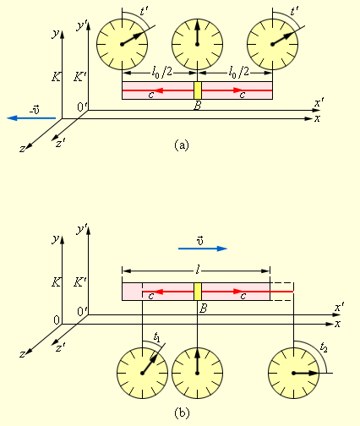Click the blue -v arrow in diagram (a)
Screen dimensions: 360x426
(31, 118)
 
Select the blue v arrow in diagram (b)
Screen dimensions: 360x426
(203, 248)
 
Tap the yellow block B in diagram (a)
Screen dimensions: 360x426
(198, 90)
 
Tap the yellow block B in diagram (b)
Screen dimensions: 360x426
(198, 292)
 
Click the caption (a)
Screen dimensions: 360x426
(182, 145)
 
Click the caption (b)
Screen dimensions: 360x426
(182, 413)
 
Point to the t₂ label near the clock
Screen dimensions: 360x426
(324, 348)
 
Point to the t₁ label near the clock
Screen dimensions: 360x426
(156, 336)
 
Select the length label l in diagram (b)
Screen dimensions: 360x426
(198, 270)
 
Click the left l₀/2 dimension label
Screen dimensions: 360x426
(161, 73)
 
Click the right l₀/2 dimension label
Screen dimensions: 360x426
(239, 73)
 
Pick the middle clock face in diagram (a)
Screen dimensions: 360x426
(198, 44)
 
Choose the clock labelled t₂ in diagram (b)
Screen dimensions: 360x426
(293, 373)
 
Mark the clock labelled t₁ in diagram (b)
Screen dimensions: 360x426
(143, 373)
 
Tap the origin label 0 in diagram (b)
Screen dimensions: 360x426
(57, 320)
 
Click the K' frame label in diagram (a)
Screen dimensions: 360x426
(79, 77)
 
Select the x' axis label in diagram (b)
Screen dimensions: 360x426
(339, 308)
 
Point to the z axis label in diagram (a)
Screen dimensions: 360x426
(22, 149)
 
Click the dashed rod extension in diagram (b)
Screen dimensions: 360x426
(282, 292)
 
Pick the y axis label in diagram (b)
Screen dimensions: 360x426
(56, 239)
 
